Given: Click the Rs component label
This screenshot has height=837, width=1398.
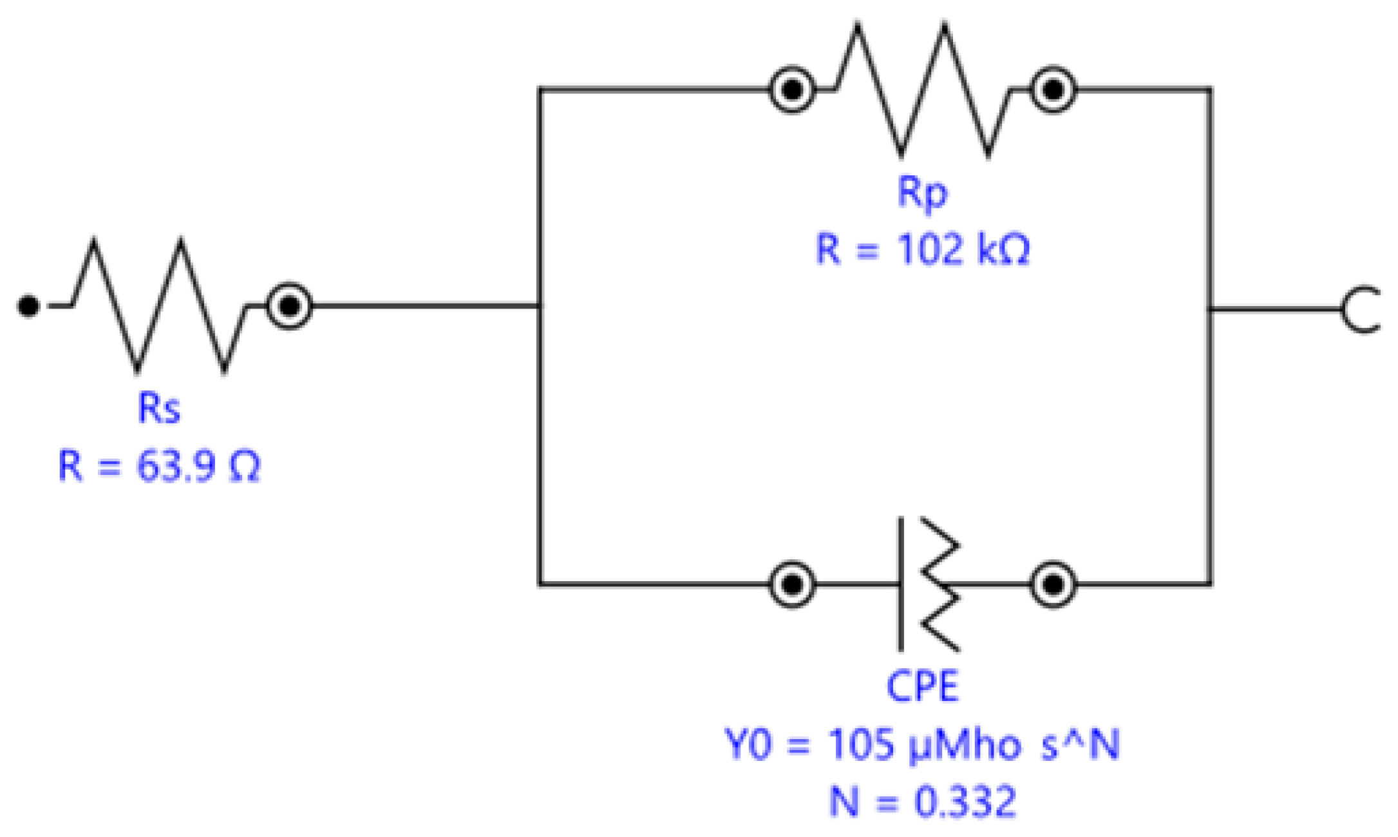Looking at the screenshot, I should [159, 408].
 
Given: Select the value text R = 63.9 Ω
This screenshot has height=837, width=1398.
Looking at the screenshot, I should [159, 466].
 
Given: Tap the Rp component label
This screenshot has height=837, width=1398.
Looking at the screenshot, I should [922, 191].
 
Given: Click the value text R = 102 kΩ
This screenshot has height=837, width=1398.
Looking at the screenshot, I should [922, 249].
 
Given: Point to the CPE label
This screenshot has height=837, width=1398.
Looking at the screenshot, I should [922, 686].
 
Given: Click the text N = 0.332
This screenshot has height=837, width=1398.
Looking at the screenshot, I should [922, 801].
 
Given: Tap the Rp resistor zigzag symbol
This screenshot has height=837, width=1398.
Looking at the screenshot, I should [922, 90].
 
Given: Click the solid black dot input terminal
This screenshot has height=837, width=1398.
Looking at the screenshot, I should [28, 305].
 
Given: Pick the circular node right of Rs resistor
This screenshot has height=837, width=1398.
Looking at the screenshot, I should [290, 305].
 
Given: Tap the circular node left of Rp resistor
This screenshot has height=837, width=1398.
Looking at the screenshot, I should [791, 90].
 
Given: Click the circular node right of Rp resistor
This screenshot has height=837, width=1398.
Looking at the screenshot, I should [1053, 90].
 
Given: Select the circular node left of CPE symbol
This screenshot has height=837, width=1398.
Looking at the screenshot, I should [791, 584].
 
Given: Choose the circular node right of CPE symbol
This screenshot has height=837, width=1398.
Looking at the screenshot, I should [1053, 584].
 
